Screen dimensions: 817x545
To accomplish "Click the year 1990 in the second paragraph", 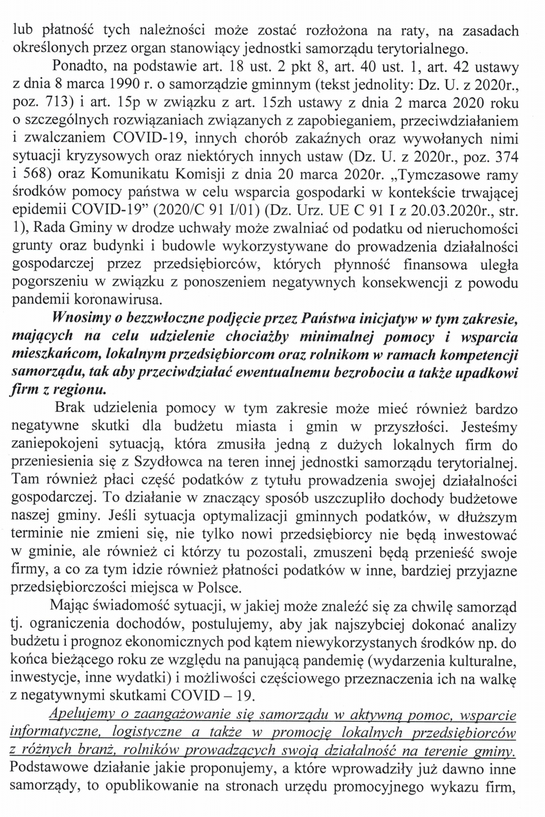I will (x=124, y=84).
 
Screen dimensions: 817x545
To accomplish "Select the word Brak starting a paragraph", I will (x=70, y=407).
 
